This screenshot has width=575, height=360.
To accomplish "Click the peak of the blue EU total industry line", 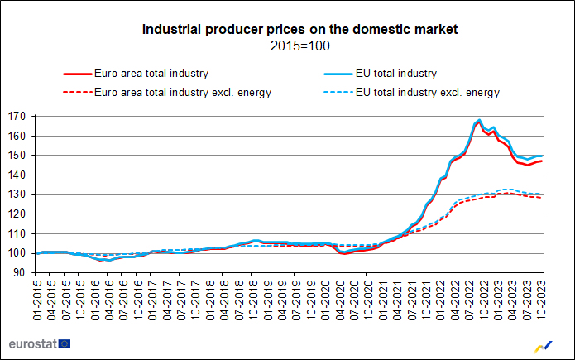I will click(x=479, y=120).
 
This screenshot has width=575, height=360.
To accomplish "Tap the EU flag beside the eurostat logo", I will click(x=65, y=343).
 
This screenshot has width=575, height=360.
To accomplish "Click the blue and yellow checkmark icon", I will click(x=545, y=344).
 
